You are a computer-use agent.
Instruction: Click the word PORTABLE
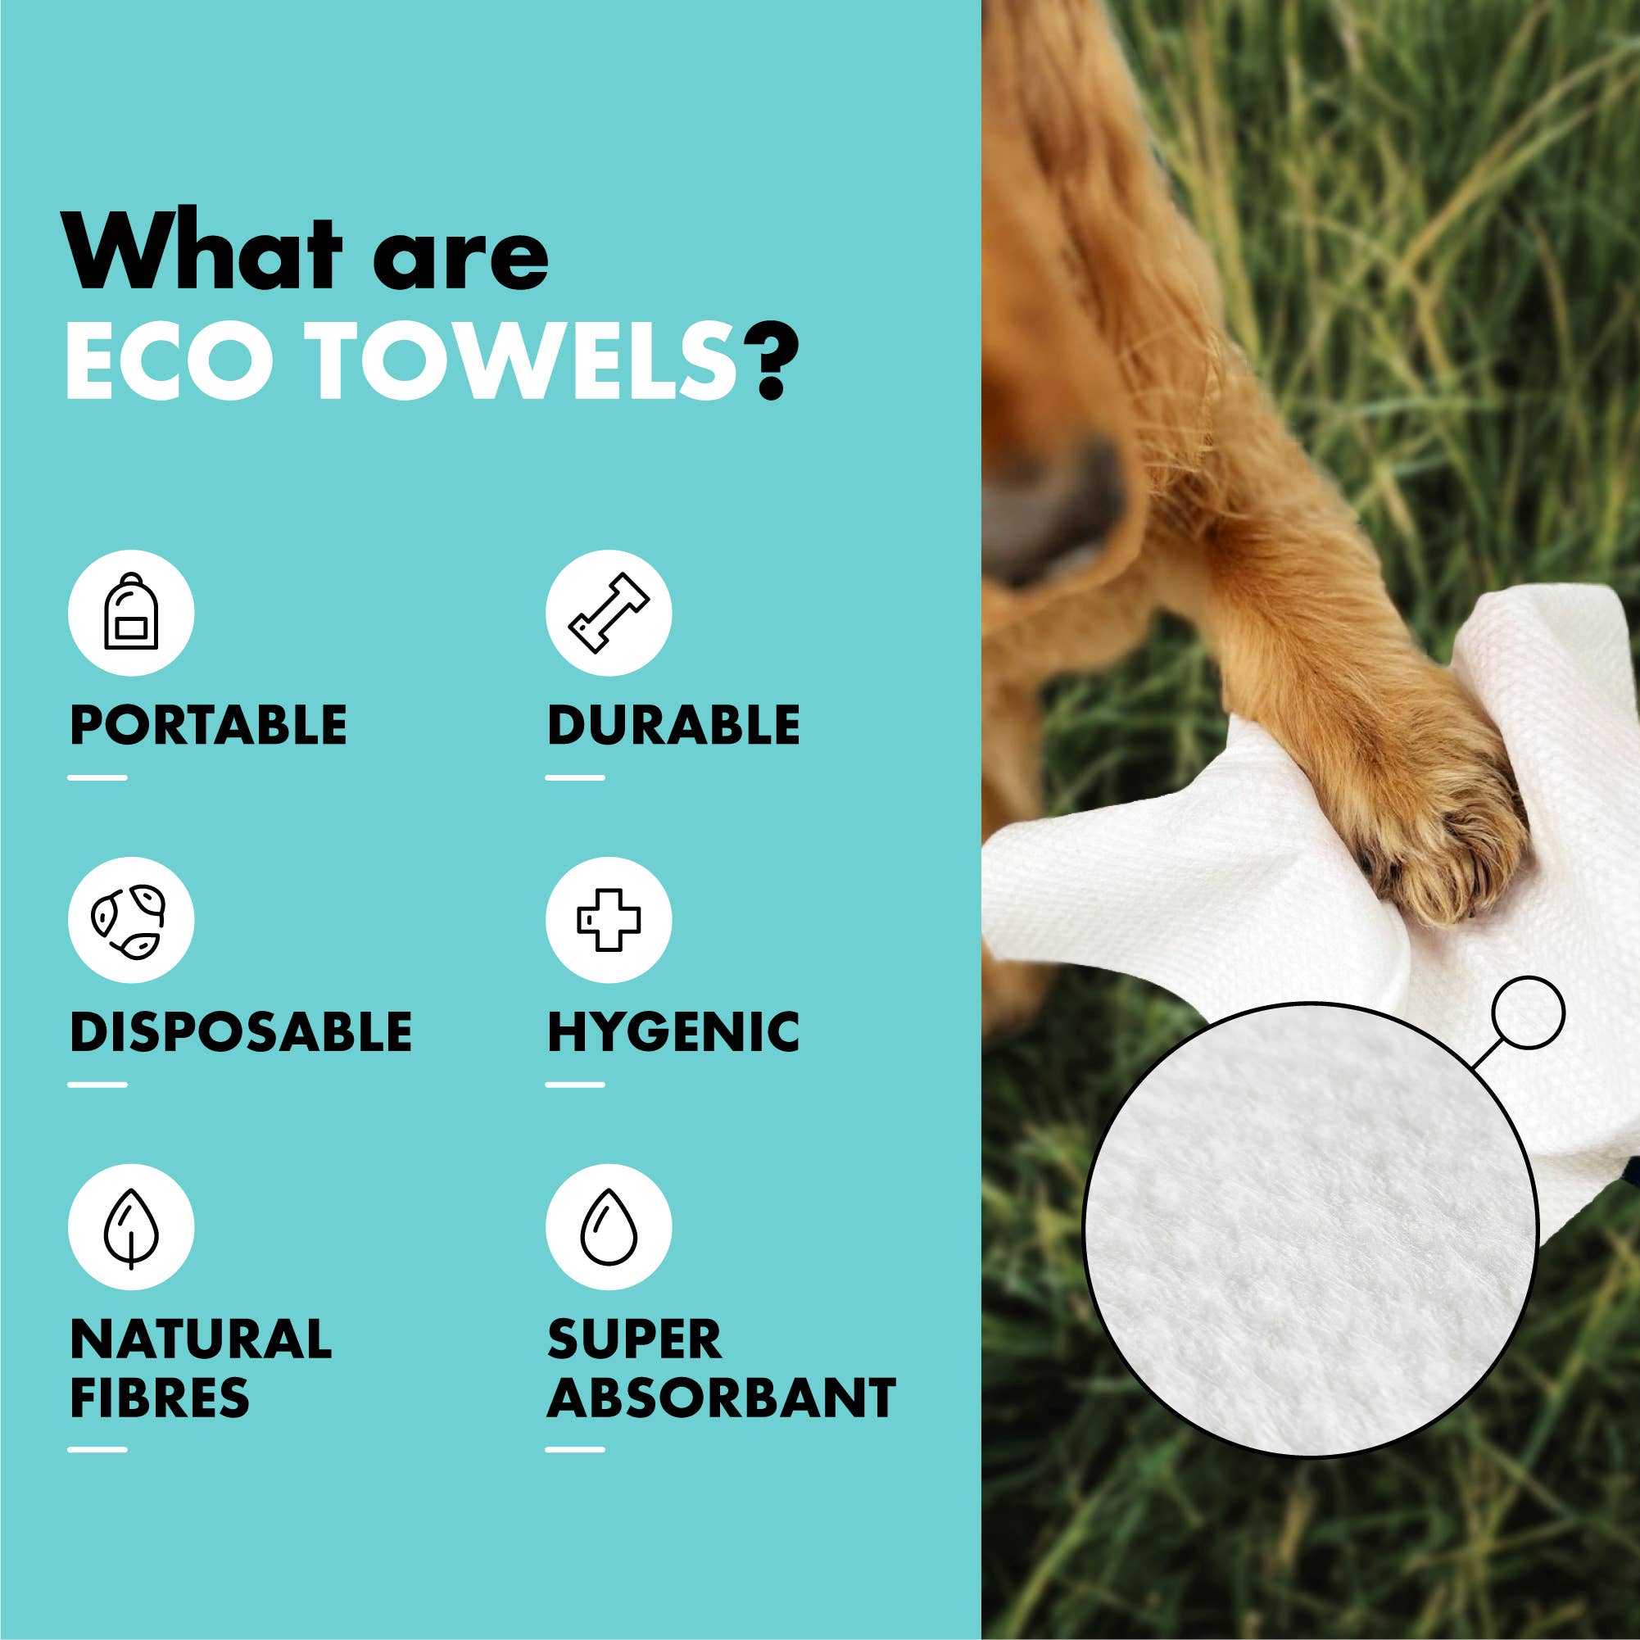[x=208, y=726]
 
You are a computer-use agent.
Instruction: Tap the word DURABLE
[x=673, y=726]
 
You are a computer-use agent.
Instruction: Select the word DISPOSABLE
[x=241, y=1032]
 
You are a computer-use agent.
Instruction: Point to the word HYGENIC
[x=673, y=1032]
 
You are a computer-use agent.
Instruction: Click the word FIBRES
[x=160, y=1398]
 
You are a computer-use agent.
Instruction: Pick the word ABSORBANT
[x=722, y=1398]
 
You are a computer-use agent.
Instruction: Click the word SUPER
[x=634, y=1339]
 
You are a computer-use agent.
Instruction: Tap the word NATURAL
[x=201, y=1339]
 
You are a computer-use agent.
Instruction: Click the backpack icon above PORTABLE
[x=131, y=613]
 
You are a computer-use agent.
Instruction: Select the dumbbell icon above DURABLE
[x=609, y=613]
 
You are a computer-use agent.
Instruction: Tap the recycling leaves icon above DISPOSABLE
[x=131, y=920]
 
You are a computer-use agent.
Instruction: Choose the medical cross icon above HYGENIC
[x=609, y=920]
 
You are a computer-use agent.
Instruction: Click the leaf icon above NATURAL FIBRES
[x=131, y=1227]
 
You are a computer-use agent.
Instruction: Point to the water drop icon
[x=609, y=1227]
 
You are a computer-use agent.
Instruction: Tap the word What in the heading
[x=204, y=255]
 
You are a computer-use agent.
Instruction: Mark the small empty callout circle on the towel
[x=1527, y=1012]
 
